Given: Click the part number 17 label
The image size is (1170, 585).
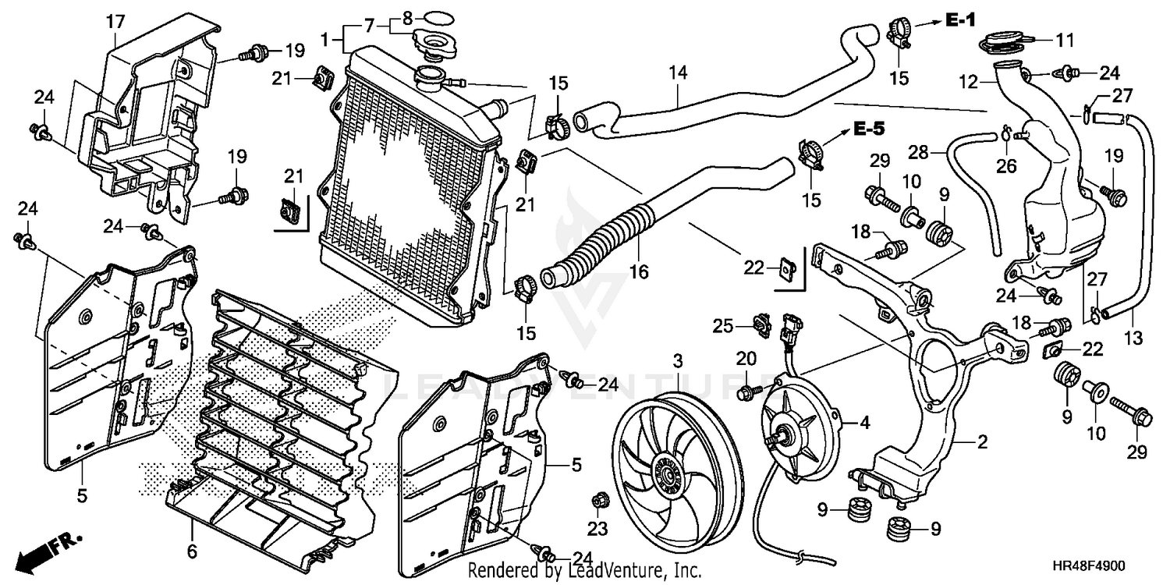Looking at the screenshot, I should click(x=115, y=23).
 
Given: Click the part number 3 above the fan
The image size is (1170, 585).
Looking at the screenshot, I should click(x=678, y=361).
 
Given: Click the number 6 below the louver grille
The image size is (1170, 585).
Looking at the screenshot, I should click(x=192, y=552).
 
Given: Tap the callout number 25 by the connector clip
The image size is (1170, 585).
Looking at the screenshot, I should click(x=724, y=326).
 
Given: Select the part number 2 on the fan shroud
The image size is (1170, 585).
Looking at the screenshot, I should click(x=982, y=442).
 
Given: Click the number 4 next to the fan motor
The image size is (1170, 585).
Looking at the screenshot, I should click(x=864, y=424).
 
